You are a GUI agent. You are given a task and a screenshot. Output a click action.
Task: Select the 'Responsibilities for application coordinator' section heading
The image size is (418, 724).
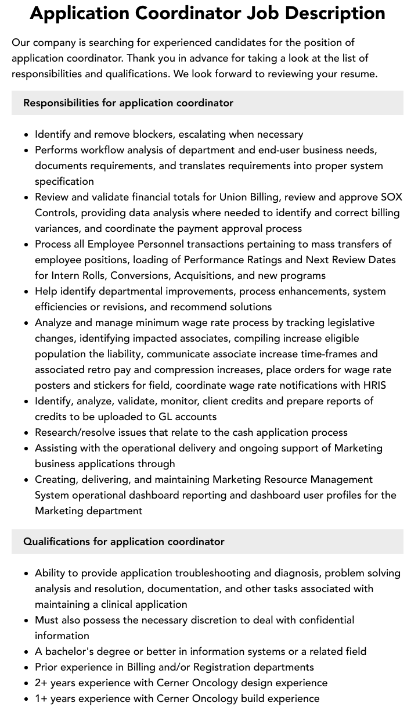click(x=128, y=103)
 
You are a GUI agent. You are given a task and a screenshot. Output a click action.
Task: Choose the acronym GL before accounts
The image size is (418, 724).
click(x=165, y=417)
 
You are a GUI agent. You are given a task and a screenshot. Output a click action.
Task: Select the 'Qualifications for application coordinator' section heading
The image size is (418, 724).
click(x=124, y=542)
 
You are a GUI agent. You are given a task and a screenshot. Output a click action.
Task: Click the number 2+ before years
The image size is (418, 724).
click(x=41, y=683)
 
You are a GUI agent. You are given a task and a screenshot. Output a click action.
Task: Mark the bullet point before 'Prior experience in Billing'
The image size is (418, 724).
click(x=27, y=667)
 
